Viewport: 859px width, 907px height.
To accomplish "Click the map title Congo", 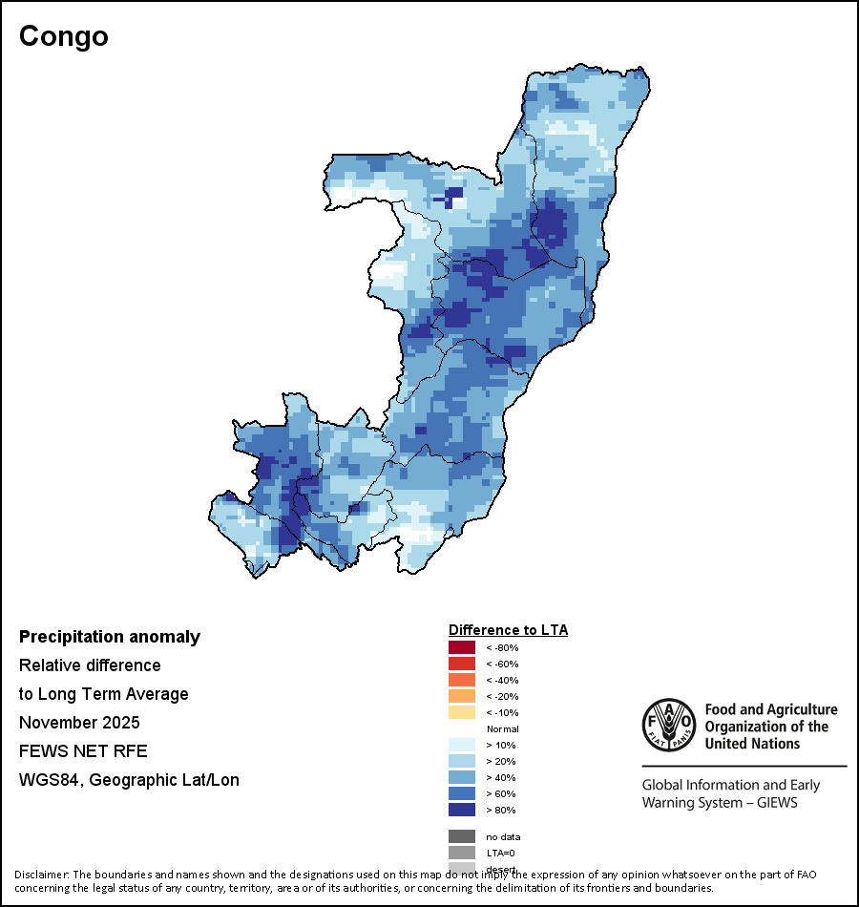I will click(x=64, y=36).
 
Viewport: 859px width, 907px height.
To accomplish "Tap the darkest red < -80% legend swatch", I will click(x=462, y=647).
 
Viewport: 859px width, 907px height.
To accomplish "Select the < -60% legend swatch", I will click(x=462, y=664).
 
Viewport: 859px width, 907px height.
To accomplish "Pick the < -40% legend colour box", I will click(x=462, y=680).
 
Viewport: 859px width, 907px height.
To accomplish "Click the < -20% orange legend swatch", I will click(x=462, y=696).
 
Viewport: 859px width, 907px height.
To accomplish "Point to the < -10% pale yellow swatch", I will click(x=462, y=712).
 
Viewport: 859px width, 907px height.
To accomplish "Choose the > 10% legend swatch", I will click(x=462, y=745).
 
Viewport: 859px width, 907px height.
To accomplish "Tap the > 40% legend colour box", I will click(x=462, y=777).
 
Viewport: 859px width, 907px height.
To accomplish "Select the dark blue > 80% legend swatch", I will click(x=462, y=810).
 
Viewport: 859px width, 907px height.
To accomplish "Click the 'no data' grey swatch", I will click(x=462, y=836).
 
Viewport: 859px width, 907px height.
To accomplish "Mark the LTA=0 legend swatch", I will click(x=462, y=853).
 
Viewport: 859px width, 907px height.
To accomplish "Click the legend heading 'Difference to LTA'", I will click(x=508, y=630).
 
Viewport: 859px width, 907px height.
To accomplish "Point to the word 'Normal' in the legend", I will click(x=502, y=728).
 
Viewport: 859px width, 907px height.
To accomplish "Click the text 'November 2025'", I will click(x=79, y=722).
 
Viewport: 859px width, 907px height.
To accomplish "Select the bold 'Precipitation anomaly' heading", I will click(x=110, y=637).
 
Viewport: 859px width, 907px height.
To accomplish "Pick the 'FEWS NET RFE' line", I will click(x=83, y=750).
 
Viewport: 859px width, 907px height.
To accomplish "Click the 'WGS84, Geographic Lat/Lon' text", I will click(x=129, y=780).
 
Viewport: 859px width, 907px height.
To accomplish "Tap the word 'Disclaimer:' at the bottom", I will click(x=41, y=875).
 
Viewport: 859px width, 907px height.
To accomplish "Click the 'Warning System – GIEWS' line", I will click(x=720, y=802).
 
